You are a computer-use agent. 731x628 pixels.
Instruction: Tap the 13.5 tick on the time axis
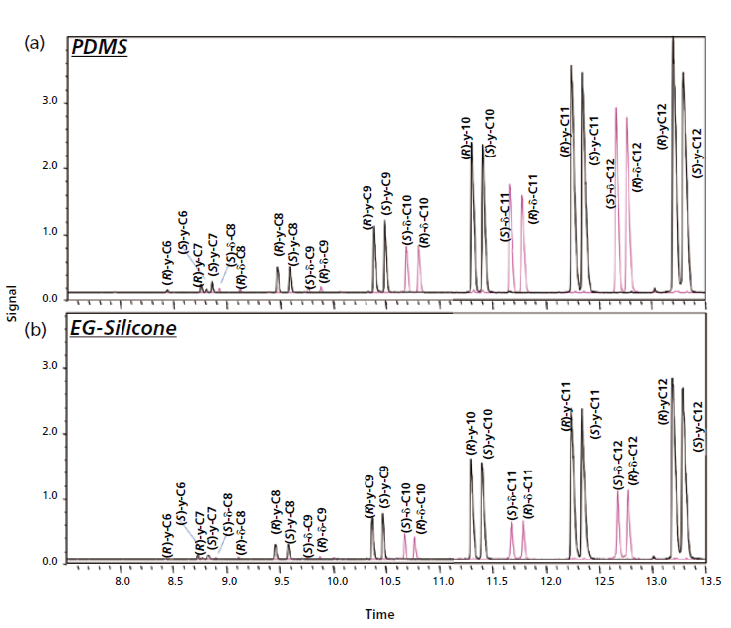(709, 579)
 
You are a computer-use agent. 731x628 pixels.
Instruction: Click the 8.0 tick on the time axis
(122, 579)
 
